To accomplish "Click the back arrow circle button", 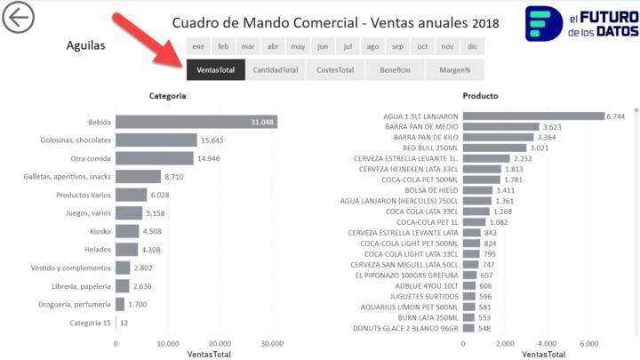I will [18, 19].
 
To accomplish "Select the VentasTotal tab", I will [215, 69].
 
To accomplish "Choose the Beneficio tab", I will [395, 69].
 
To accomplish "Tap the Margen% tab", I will [454, 69].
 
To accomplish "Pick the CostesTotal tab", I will [334, 69].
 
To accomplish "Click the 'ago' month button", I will [372, 46].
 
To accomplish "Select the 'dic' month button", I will [472, 46].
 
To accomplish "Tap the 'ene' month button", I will [198, 46].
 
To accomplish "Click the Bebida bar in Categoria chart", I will [196, 122].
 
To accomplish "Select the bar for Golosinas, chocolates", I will [156, 140].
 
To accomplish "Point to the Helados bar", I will [126, 250].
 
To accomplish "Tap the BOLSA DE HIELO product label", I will [431, 190].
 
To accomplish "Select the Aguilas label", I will [85, 45].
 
